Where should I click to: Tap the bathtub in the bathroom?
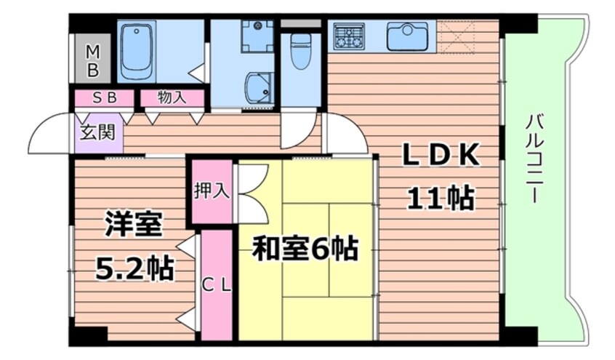(137, 52)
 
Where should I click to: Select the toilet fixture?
(300, 51)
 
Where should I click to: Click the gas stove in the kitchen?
(349, 36)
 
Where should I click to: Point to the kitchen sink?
(407, 36)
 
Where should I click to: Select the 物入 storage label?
(172, 97)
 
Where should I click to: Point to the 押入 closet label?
(212, 191)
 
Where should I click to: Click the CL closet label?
(216, 286)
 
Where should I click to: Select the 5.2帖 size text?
(135, 270)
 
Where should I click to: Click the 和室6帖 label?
(305, 249)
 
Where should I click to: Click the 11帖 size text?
(441, 197)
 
